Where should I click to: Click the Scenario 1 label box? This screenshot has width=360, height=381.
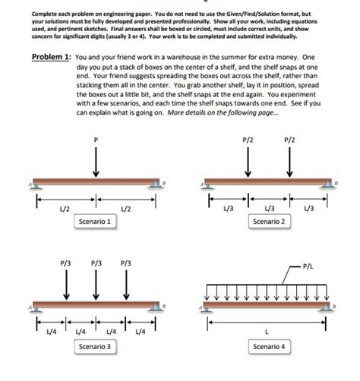pyautogui.click(x=96, y=221)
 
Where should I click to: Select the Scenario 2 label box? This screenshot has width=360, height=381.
pyautogui.click(x=270, y=221)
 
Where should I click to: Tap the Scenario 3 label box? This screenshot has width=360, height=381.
pyautogui.click(x=96, y=346)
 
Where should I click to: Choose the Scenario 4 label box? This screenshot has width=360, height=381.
pyautogui.click(x=270, y=346)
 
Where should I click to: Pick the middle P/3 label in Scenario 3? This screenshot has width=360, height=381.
pyautogui.click(x=96, y=265)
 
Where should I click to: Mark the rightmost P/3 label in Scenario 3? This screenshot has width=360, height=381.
pyautogui.click(x=125, y=265)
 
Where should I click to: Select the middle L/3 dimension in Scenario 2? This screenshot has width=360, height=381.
pyautogui.click(x=270, y=209)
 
